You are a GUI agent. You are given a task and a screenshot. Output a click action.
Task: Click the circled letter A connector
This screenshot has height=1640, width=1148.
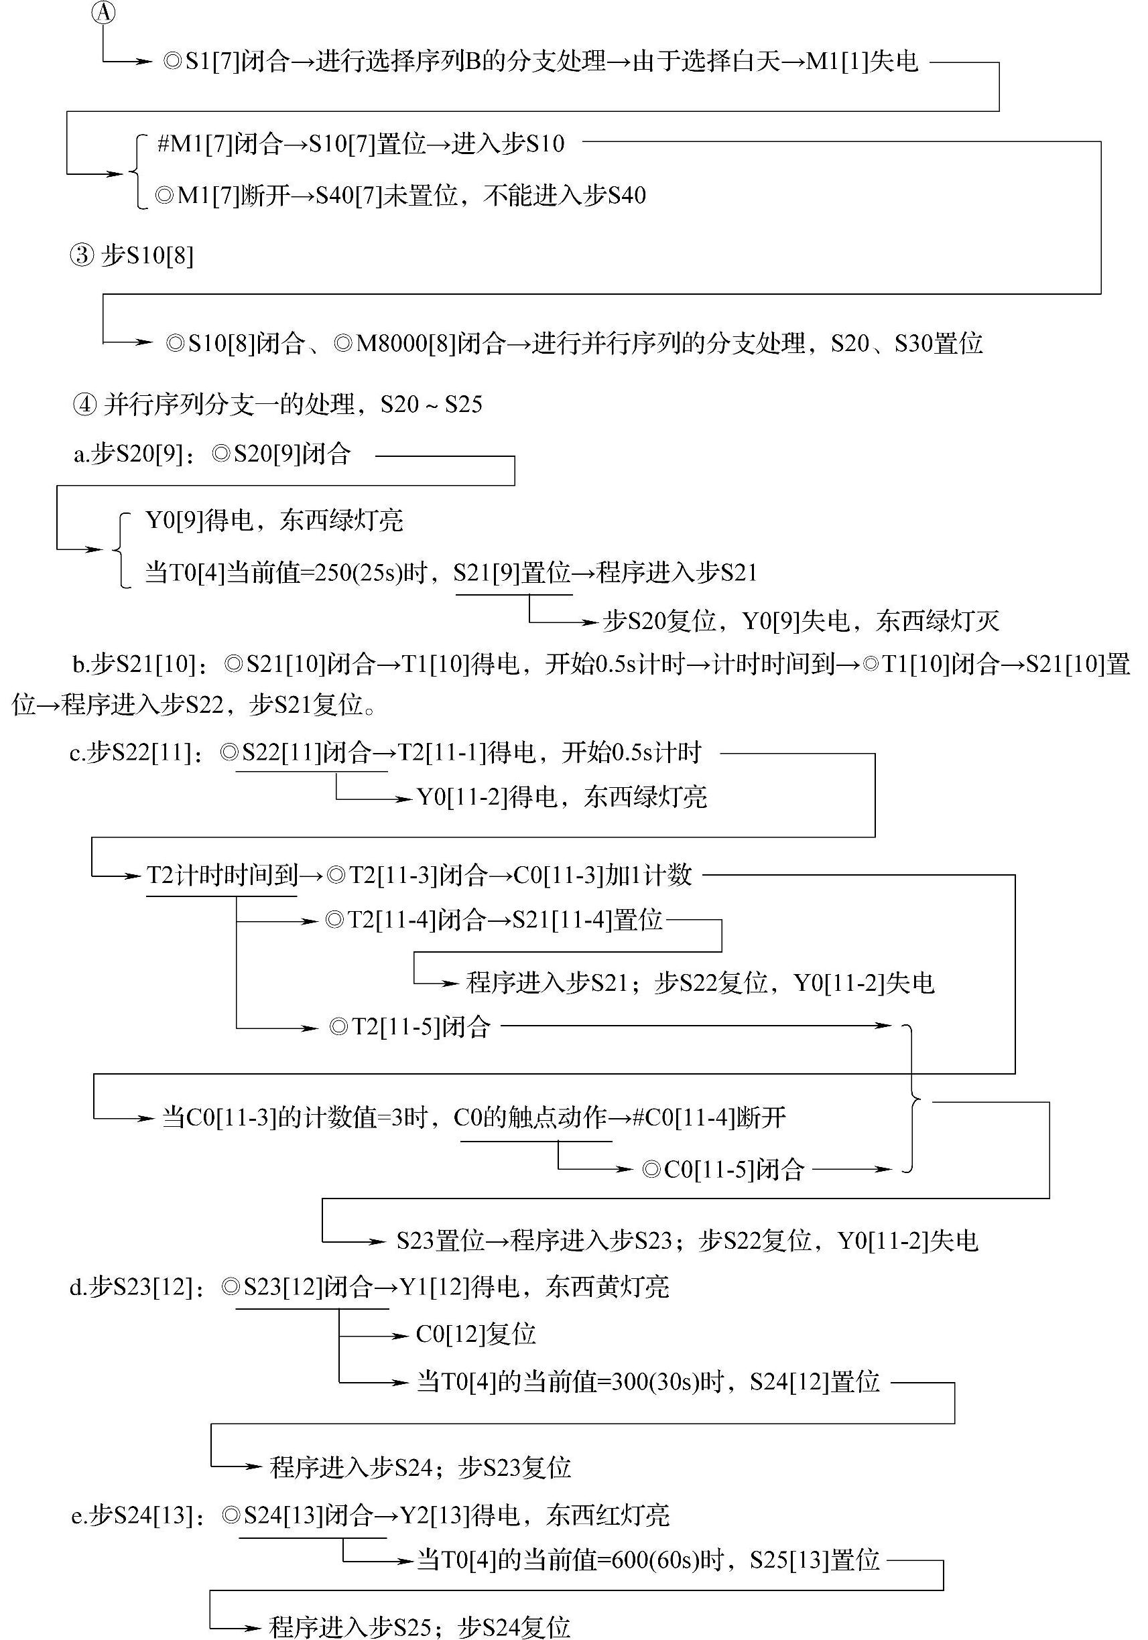coord(105,12)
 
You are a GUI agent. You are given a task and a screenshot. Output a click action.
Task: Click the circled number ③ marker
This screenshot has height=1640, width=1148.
coord(82,255)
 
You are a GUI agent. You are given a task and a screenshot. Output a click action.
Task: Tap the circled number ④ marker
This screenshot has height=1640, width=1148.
coord(84,405)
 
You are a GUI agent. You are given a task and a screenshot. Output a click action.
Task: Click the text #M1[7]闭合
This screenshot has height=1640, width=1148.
coord(220,144)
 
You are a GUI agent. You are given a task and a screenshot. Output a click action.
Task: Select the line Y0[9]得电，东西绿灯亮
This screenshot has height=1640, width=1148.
coord(274,520)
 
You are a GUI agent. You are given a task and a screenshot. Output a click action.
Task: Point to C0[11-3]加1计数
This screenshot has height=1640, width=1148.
coord(603,875)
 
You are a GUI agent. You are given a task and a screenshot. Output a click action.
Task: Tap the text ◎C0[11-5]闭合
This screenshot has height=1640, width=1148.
coord(723,1169)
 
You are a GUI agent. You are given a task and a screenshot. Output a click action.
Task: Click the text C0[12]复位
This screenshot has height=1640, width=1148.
coord(476,1335)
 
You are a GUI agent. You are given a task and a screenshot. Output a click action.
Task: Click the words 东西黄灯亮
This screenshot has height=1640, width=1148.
coord(608,1287)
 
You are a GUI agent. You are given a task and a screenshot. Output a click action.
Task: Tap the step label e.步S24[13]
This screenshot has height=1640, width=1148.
coord(133,1515)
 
